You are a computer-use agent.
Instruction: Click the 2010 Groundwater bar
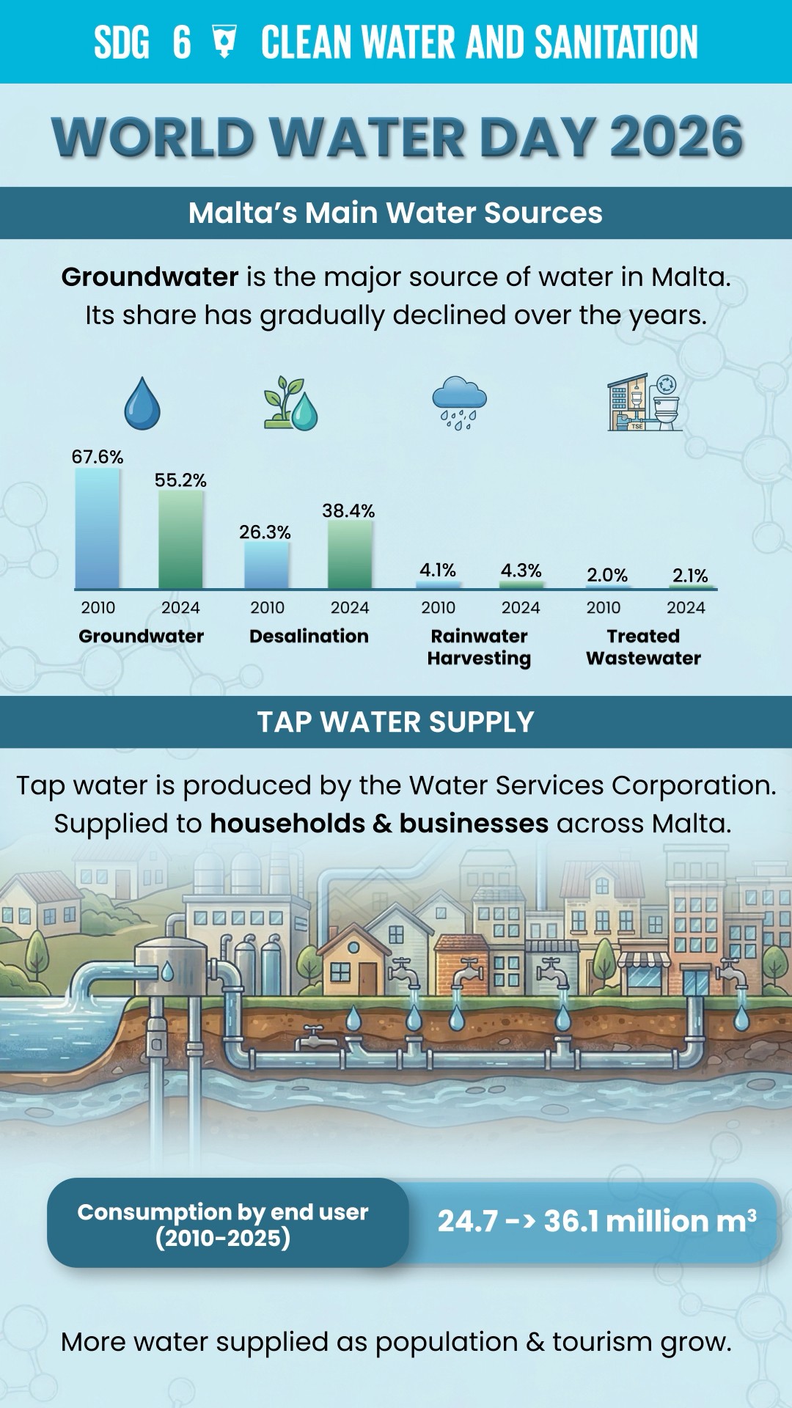click(x=98, y=528)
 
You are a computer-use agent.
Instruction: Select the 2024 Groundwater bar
click(x=181, y=540)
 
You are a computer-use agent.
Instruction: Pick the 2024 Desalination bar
click(x=350, y=554)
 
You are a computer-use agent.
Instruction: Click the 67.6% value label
click(x=98, y=457)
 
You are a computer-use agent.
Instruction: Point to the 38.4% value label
click(x=348, y=510)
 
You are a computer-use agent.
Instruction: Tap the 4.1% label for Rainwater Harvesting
click(x=438, y=570)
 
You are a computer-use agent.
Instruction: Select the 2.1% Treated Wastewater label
click(x=690, y=576)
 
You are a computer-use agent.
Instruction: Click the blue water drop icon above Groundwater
click(x=142, y=403)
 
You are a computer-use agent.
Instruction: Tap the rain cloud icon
click(x=459, y=403)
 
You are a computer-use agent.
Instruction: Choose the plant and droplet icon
click(x=291, y=403)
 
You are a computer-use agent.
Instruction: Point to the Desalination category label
click(x=309, y=636)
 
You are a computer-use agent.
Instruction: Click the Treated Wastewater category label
click(x=643, y=647)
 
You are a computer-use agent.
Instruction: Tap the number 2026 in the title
click(x=676, y=136)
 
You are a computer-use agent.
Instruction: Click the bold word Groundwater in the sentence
click(x=150, y=276)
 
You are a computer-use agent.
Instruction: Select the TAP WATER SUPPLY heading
click(x=396, y=722)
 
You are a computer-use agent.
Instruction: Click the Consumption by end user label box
click(x=227, y=1223)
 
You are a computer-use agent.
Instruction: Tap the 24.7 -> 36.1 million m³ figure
click(x=597, y=1221)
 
